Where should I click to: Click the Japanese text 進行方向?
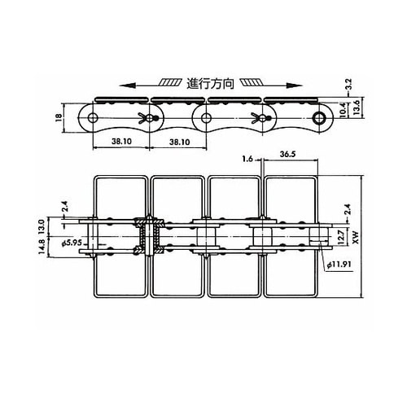210,84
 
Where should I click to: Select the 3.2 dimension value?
349,85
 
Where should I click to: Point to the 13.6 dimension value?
356,107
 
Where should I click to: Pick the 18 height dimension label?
59,117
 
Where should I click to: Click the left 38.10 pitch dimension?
121,141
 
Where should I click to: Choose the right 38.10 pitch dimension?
179,142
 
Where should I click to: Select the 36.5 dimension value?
288,154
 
